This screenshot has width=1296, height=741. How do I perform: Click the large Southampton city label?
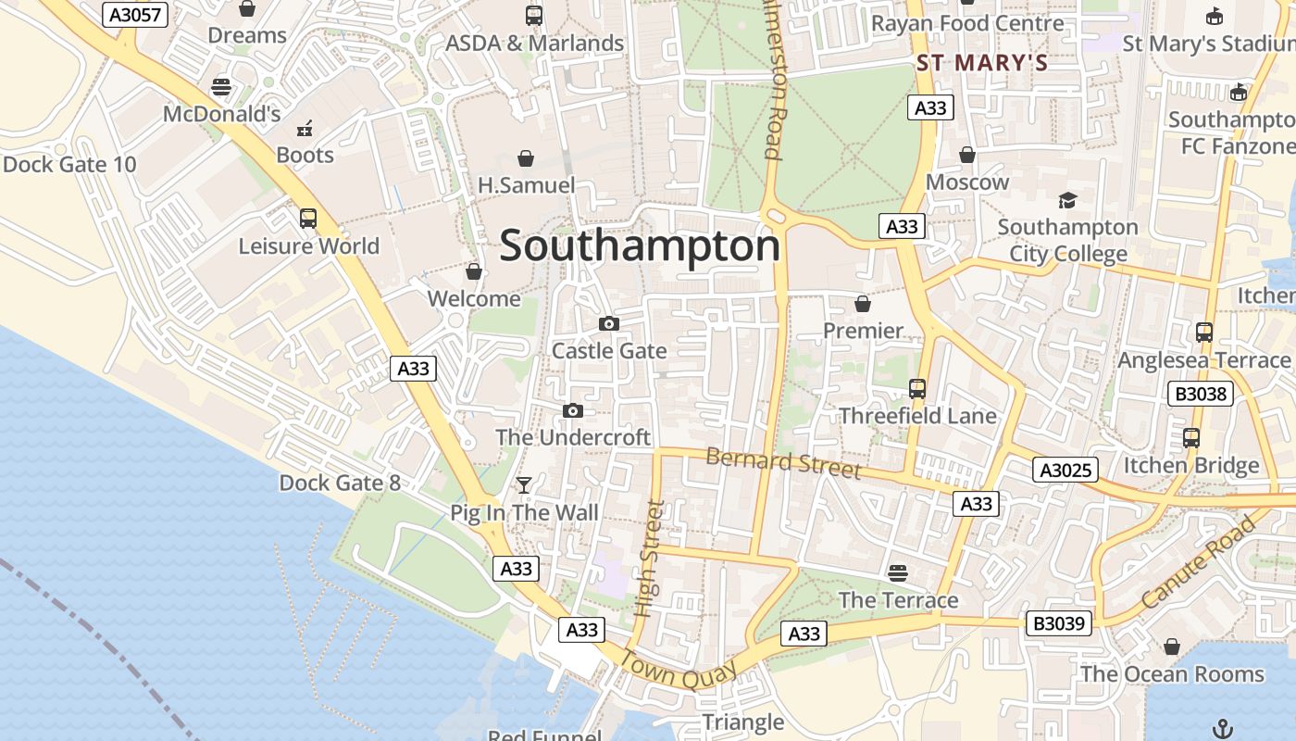coord(640,246)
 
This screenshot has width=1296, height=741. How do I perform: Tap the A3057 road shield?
coord(135,15)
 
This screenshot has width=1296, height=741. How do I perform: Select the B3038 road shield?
coord(1201,394)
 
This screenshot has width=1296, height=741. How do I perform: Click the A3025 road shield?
coord(1065,471)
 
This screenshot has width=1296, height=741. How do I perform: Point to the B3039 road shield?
coord(1059,623)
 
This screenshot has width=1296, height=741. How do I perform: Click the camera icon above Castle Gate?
coord(609,323)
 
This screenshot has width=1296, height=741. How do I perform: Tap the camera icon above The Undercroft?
coord(573,410)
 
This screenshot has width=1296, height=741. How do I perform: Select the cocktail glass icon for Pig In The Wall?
coord(524,484)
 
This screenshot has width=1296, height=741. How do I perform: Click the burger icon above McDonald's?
coord(221,87)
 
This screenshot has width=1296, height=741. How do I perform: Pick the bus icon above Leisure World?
coord(308,219)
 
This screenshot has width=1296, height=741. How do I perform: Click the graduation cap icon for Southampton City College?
coord(1067,200)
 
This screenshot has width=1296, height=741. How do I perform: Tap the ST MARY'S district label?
coord(981,63)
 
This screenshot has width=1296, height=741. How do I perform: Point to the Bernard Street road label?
coord(783,462)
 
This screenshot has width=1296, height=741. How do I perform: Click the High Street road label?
coord(651,559)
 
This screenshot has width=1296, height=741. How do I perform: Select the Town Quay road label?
coord(679,672)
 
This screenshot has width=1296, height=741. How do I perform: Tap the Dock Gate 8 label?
coord(340,483)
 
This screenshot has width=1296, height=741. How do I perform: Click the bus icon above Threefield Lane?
coord(917,389)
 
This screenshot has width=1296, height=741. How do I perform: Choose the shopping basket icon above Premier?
coord(863,304)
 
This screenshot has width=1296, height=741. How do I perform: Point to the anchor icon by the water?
coord(1224,728)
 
